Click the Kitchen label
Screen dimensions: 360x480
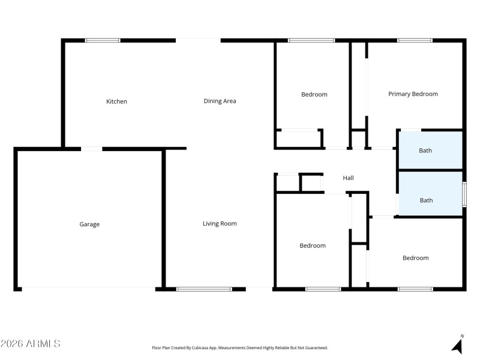(116, 101)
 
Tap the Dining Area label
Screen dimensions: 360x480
(220, 101)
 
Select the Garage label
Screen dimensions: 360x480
(89, 224)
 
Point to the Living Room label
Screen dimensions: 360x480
(220, 224)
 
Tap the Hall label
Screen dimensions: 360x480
(348, 178)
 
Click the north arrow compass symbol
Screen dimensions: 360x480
(458, 345)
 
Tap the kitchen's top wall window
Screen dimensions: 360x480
(103, 41)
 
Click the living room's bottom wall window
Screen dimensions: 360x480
(204, 289)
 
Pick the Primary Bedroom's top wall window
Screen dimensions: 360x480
(414, 41)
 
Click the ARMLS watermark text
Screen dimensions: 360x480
(30, 344)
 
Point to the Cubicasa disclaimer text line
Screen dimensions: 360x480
(240, 347)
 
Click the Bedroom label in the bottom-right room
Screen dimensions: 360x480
(415, 258)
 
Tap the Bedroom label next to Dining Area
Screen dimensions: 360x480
(314, 95)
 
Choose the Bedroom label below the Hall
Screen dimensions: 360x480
(313, 245)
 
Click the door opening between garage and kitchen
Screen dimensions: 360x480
(91, 149)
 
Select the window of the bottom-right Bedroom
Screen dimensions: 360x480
(415, 289)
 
